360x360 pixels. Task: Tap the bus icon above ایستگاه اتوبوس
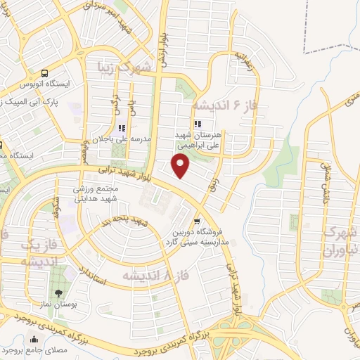point(45,72)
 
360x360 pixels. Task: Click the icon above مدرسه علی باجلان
point(122,128)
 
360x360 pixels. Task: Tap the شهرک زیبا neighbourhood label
point(124,68)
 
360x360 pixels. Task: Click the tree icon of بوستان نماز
point(58,293)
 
